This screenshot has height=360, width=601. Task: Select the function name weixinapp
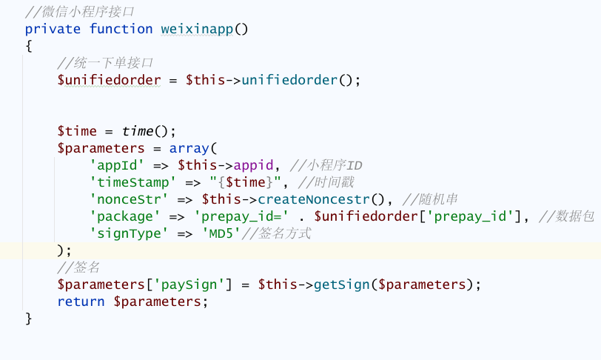click(x=197, y=29)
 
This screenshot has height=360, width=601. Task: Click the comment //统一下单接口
click(x=105, y=63)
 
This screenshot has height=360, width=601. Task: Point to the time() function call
click(x=138, y=131)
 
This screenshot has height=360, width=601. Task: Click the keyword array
click(x=189, y=148)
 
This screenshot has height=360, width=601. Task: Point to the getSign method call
click(x=343, y=284)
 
